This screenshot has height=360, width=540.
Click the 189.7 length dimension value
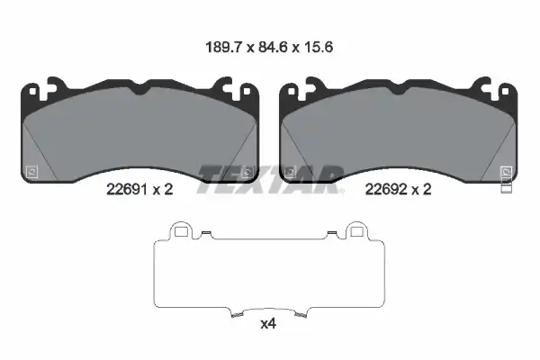pyautogui.click(x=224, y=47)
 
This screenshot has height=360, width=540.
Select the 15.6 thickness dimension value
pyautogui.click(x=319, y=47)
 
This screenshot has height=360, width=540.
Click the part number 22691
pyautogui.click(x=127, y=190)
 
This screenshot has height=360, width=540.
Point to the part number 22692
pyautogui.click(x=385, y=190)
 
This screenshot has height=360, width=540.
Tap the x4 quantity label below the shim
pyautogui.click(x=268, y=324)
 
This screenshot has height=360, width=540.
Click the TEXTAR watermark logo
pyautogui.click(x=270, y=179)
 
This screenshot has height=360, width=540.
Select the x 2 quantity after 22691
pyautogui.click(x=163, y=190)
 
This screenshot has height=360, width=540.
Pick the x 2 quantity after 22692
pyautogui.click(x=421, y=190)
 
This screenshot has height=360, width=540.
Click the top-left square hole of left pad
pyautogui.click(x=32, y=92)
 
